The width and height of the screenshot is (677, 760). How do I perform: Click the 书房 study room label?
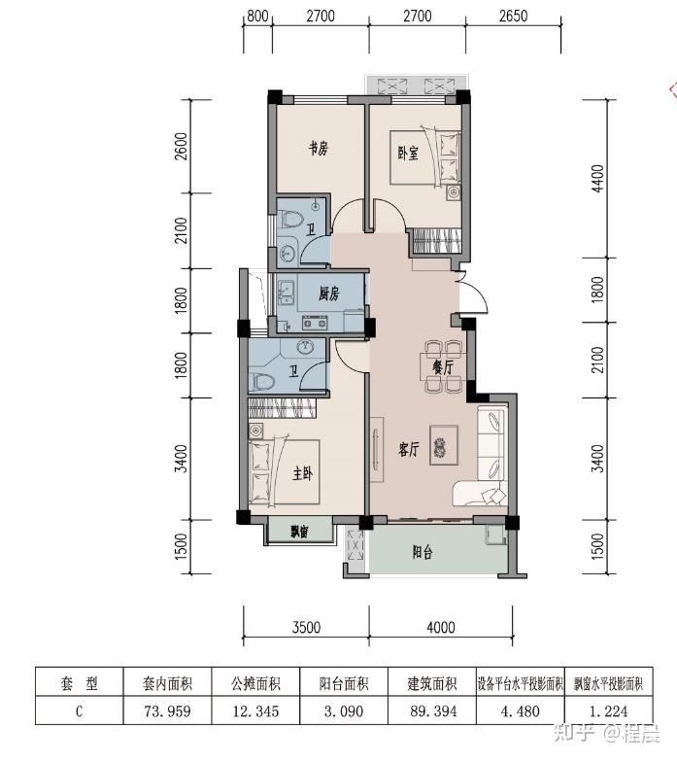click(x=319, y=148)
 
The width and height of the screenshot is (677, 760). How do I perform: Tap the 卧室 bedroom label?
click(x=408, y=154)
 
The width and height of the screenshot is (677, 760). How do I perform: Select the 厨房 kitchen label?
click(x=329, y=294)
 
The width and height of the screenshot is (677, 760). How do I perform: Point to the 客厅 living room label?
click(x=408, y=449)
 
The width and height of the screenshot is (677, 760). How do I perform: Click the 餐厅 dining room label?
click(x=443, y=367)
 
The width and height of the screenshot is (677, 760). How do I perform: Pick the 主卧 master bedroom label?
click(x=303, y=473)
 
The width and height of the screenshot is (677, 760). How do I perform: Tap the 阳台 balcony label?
click(x=423, y=552)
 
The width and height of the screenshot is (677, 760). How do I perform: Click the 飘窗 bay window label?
click(x=300, y=532)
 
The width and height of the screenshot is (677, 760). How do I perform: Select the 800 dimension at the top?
click(x=257, y=16)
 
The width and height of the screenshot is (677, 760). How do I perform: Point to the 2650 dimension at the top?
click(x=513, y=16)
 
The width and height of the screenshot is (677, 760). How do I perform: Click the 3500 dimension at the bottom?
click(x=306, y=627)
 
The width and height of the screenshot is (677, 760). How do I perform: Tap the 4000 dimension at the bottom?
click(x=441, y=627)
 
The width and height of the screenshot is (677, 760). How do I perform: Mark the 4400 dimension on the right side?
click(x=598, y=179)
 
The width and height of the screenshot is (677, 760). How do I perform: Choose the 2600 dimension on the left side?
click(x=181, y=147)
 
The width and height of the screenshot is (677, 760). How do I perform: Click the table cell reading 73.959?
click(x=168, y=711)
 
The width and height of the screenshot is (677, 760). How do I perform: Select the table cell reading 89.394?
click(x=433, y=711)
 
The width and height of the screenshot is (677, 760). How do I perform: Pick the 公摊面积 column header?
click(x=255, y=683)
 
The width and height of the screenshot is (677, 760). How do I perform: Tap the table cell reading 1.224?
click(x=608, y=711)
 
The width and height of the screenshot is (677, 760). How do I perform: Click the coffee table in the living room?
click(x=444, y=445)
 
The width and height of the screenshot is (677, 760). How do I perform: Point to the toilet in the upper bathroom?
click(x=289, y=220)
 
